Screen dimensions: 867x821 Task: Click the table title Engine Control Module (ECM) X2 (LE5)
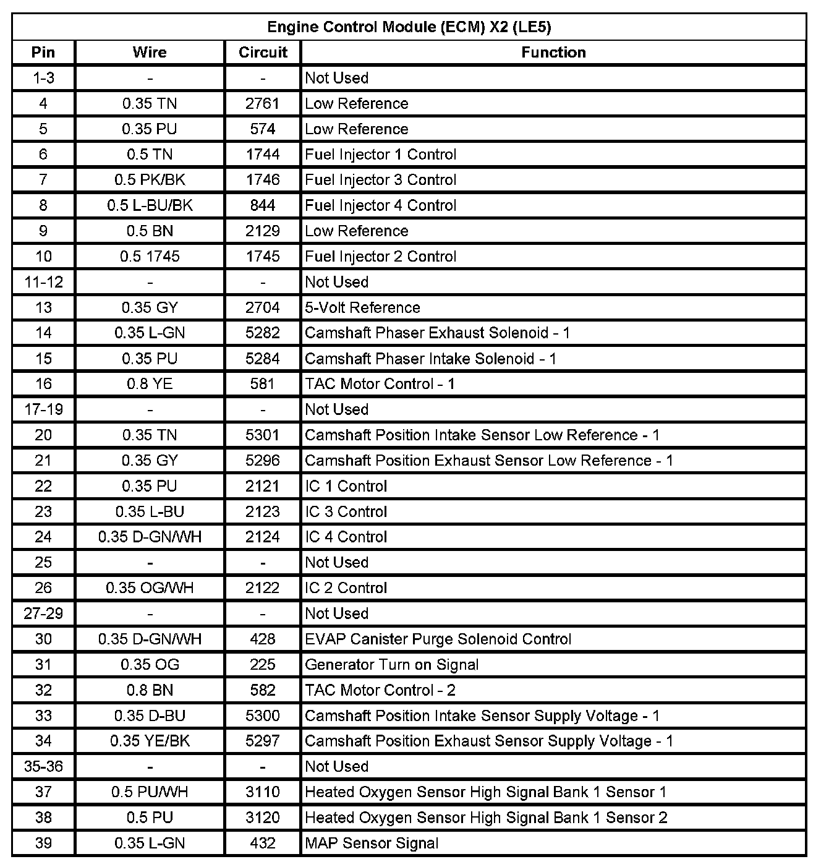point(409,27)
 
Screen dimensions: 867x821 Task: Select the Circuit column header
point(263,53)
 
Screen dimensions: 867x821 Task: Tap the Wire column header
point(150,53)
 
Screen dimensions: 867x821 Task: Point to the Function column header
point(553,53)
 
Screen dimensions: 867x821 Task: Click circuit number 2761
point(263,103)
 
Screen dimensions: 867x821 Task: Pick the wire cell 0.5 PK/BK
point(150,180)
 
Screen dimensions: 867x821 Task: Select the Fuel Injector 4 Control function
point(381,205)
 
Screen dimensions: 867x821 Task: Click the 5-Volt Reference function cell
point(362,307)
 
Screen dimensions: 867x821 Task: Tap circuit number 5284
point(263,359)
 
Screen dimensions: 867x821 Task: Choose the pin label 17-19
point(43,409)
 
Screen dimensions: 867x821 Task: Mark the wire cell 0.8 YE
point(150,384)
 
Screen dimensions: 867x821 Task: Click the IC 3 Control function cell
point(346,511)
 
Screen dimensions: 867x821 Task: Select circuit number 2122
point(263,588)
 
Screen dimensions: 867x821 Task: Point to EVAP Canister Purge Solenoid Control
point(438,639)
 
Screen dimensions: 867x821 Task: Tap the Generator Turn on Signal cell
point(392,665)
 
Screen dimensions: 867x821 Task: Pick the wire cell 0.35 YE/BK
point(150,741)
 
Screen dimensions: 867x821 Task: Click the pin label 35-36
point(43,766)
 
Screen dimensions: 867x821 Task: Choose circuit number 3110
point(263,792)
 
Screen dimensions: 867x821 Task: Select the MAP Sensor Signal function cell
point(372,843)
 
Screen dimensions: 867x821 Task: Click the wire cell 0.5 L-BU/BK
point(150,205)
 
